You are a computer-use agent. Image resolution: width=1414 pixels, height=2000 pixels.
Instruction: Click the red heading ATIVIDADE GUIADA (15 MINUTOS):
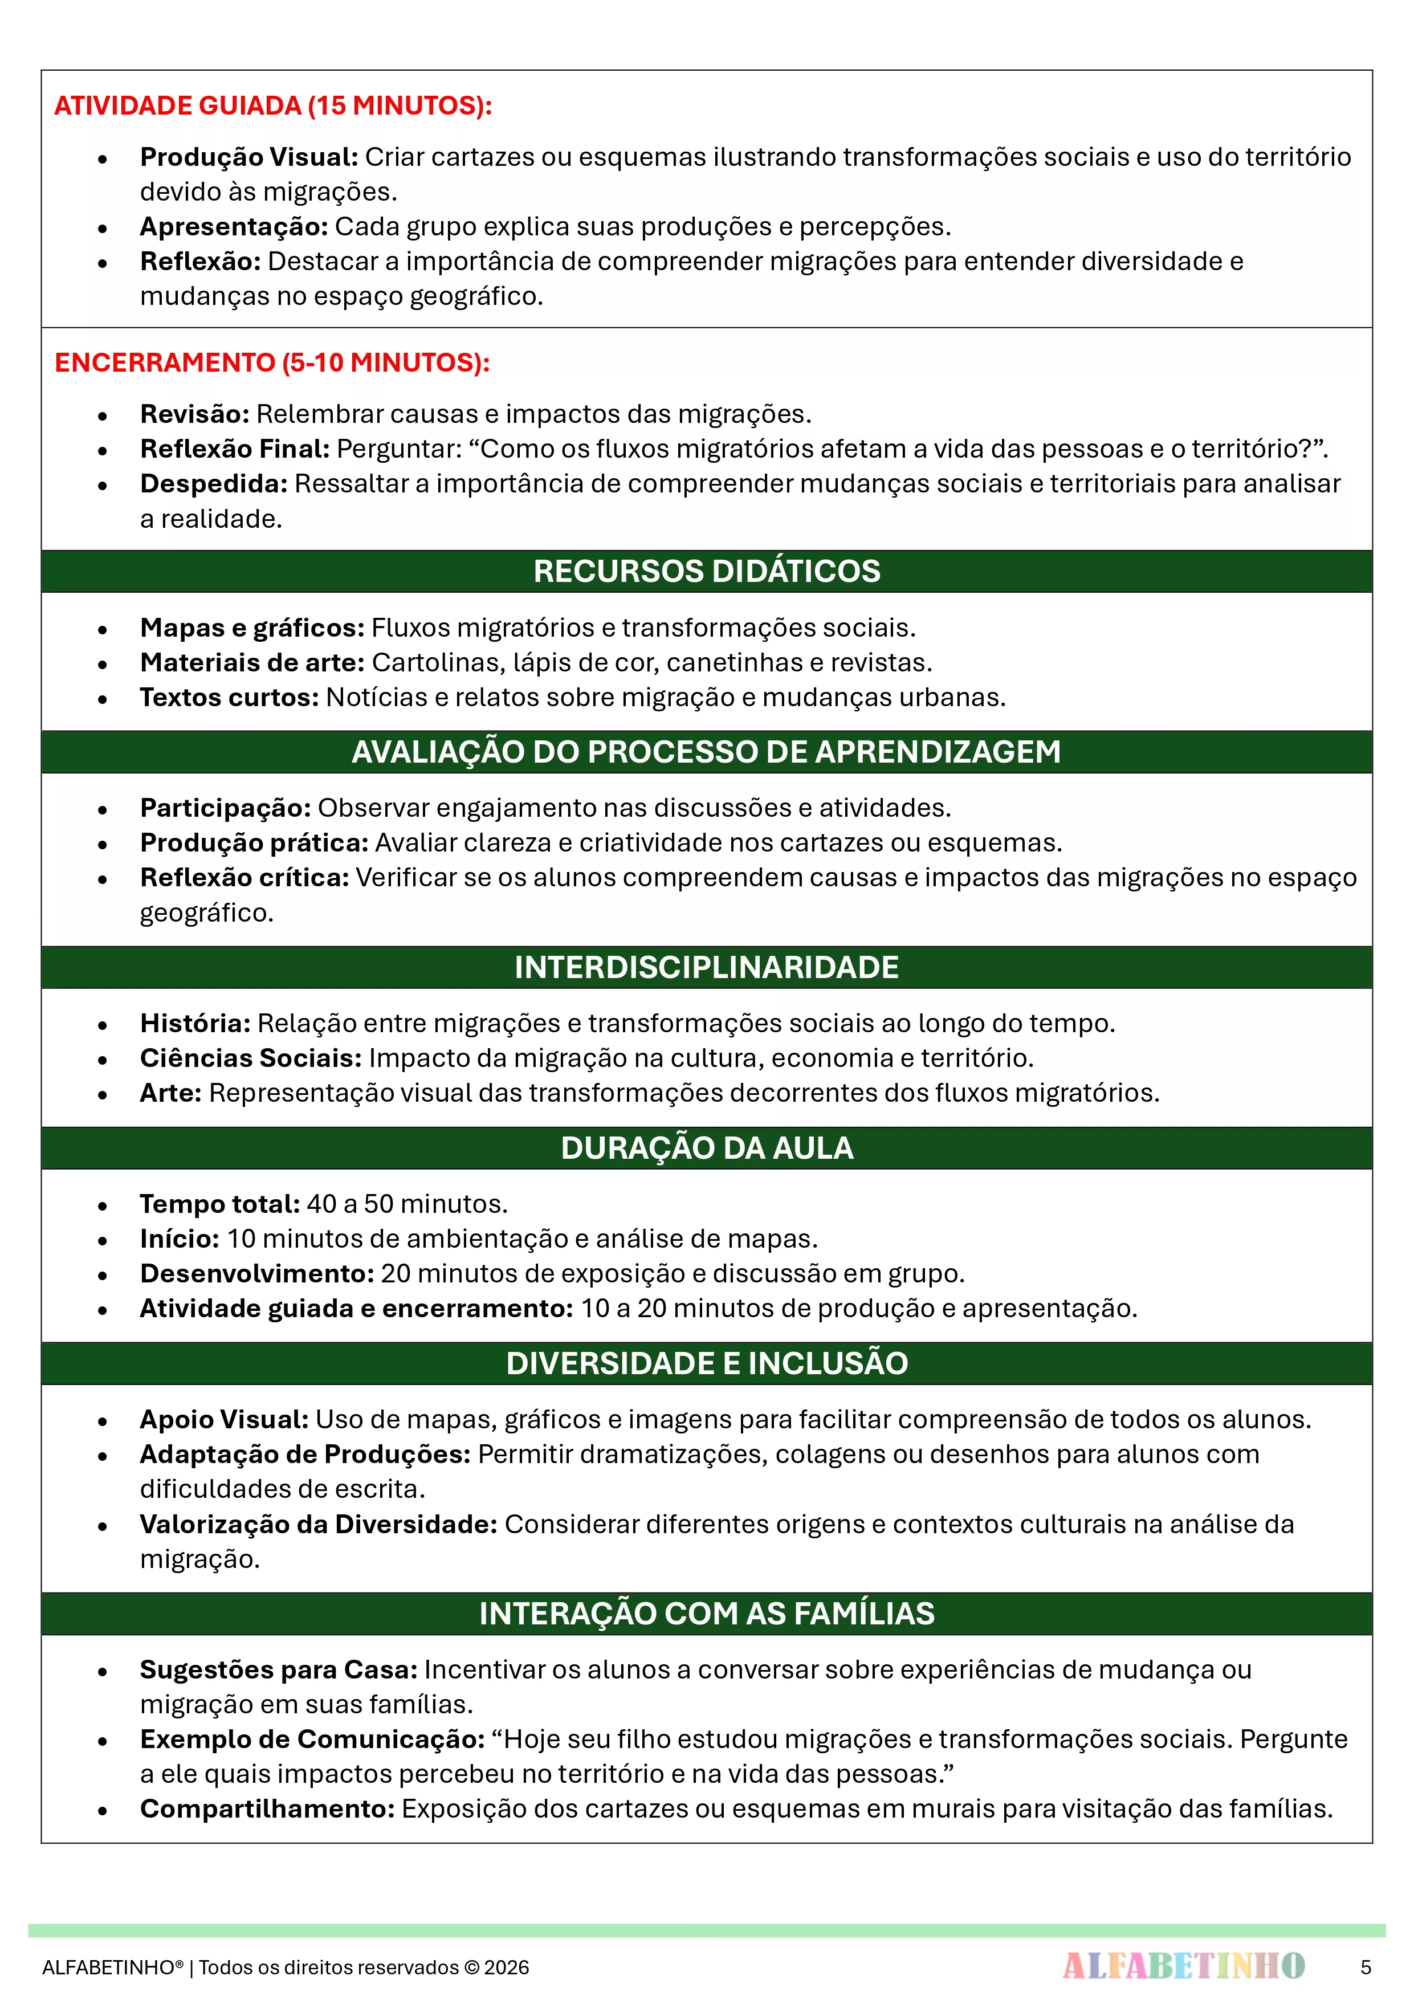pos(272,105)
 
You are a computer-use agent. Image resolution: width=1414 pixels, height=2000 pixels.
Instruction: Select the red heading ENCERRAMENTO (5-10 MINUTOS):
pos(272,362)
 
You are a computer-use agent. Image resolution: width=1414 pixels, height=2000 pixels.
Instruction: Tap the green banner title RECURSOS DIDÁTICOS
pos(707,572)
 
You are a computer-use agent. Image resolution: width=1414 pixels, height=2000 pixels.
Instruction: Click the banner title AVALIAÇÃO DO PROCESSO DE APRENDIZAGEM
pos(707,752)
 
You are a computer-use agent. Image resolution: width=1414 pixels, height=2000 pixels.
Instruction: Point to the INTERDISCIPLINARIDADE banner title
pos(707,967)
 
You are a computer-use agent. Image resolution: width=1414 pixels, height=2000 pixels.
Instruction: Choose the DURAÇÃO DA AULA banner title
pos(707,1148)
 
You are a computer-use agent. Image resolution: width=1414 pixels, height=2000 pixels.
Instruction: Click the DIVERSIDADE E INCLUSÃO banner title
pos(707,1363)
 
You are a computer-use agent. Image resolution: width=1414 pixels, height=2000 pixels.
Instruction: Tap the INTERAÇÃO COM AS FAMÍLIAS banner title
pos(707,1613)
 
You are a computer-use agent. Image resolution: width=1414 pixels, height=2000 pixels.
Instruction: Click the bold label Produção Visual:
pos(249,157)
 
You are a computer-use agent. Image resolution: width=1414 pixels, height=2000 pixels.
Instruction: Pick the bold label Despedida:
pos(214,483)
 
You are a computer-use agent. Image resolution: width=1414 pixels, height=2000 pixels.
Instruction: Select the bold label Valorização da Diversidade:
pos(319,1525)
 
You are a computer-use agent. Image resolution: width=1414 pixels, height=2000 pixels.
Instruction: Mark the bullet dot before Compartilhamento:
pos(103,1810)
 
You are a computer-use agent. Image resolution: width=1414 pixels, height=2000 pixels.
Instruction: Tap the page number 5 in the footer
pos(1365,1968)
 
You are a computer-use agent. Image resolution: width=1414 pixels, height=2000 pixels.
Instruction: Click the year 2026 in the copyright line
pos(506,1968)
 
